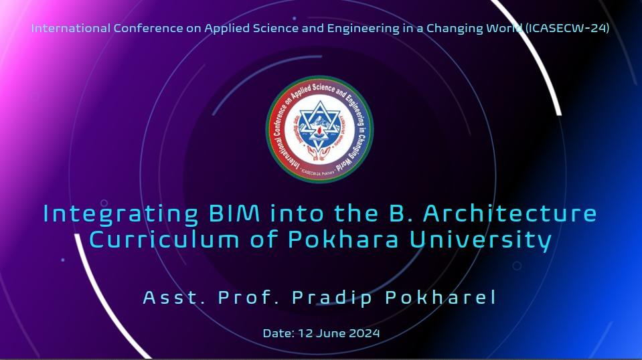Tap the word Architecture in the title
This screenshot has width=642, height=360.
(x=509, y=214)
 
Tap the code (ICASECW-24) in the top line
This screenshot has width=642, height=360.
(x=568, y=29)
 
